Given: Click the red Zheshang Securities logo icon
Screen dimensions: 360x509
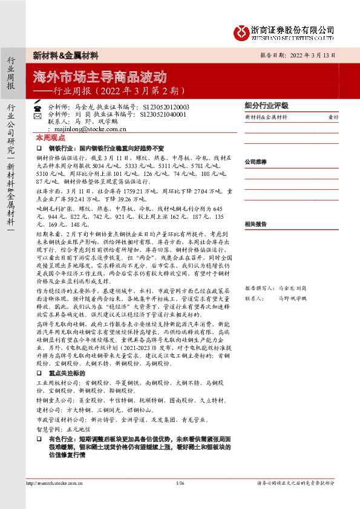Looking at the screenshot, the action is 240,31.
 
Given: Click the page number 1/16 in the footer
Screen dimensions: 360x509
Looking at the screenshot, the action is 180,483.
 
